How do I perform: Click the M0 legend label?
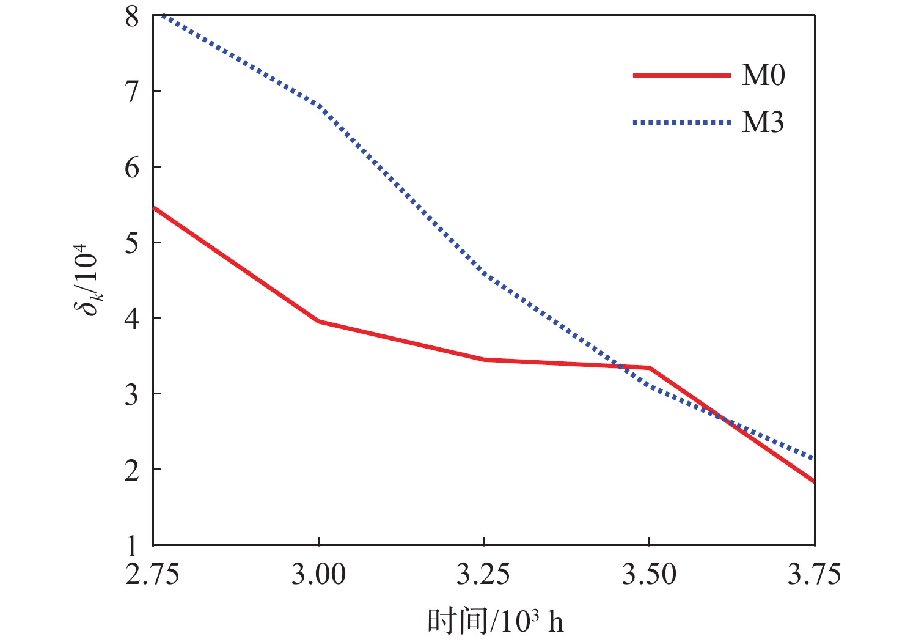[763, 75]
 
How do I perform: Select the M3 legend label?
[763, 123]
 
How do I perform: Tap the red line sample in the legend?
[681, 75]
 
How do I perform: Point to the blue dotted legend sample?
[681, 123]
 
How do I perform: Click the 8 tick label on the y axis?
[132, 17]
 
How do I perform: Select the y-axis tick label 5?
[132, 243]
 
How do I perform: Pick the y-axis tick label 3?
[132, 394]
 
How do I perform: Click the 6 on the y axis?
[132, 168]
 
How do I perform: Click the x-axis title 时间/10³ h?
[495, 621]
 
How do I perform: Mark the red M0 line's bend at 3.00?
[318, 321]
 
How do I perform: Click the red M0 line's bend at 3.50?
[649, 367]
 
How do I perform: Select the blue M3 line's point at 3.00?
[318, 105]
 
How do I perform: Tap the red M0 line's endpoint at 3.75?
[813, 481]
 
